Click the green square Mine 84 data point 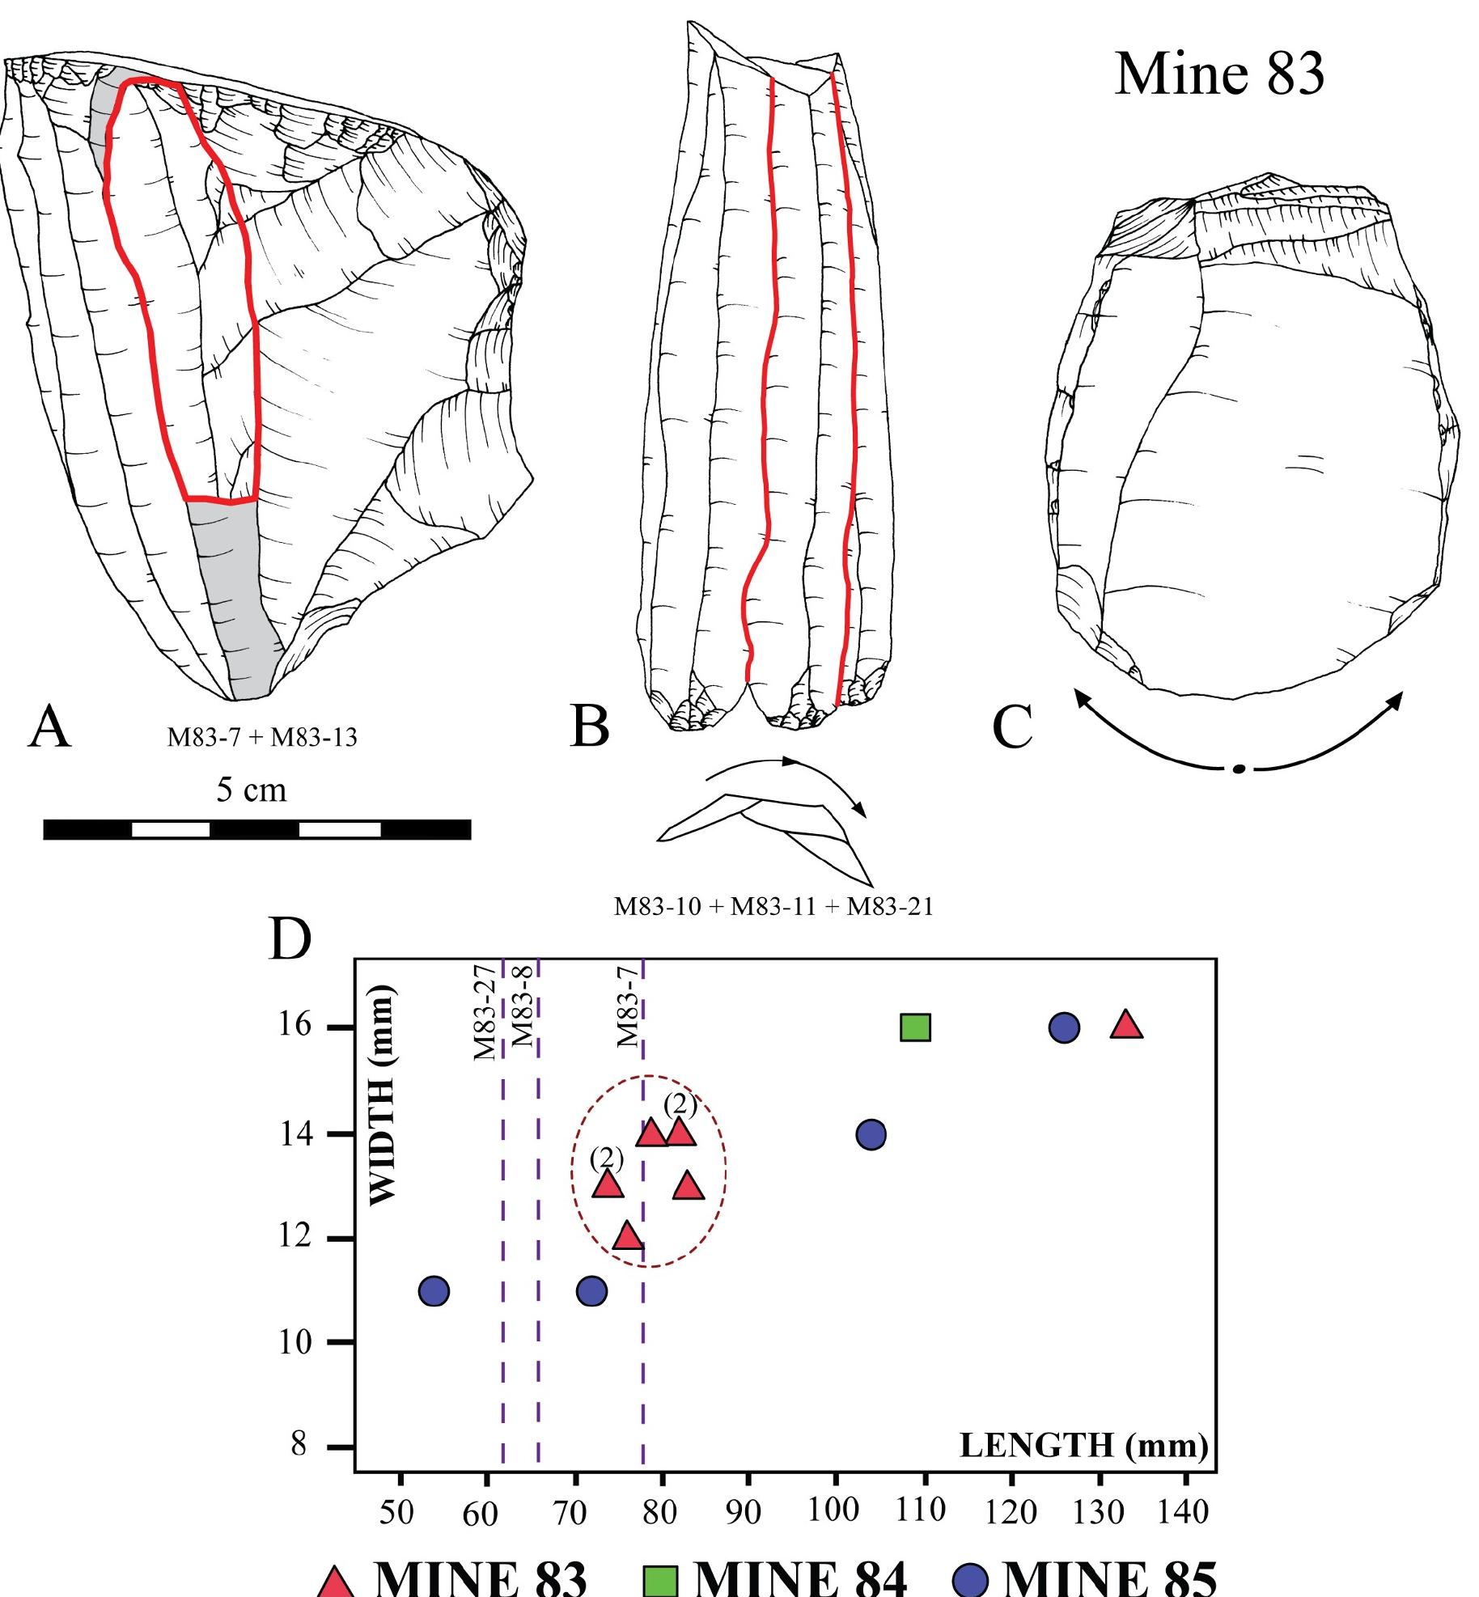coord(915,1027)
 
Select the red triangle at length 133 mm coord(1126,1025)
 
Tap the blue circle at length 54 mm coord(434,1291)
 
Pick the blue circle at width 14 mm coord(871,1135)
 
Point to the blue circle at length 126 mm coord(1064,1027)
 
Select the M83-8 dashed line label coord(523,1011)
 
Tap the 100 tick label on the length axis coord(833,1510)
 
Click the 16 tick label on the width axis coord(297,1025)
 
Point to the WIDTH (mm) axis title coord(382,1095)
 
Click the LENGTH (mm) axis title coord(1083,1445)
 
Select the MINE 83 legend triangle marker coord(335,1581)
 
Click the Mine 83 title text coord(1218,74)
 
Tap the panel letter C coord(1012,726)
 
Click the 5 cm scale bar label coord(251,790)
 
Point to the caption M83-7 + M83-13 coord(262,738)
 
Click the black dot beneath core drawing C coord(1238,769)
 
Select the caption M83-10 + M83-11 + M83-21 coord(773,907)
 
